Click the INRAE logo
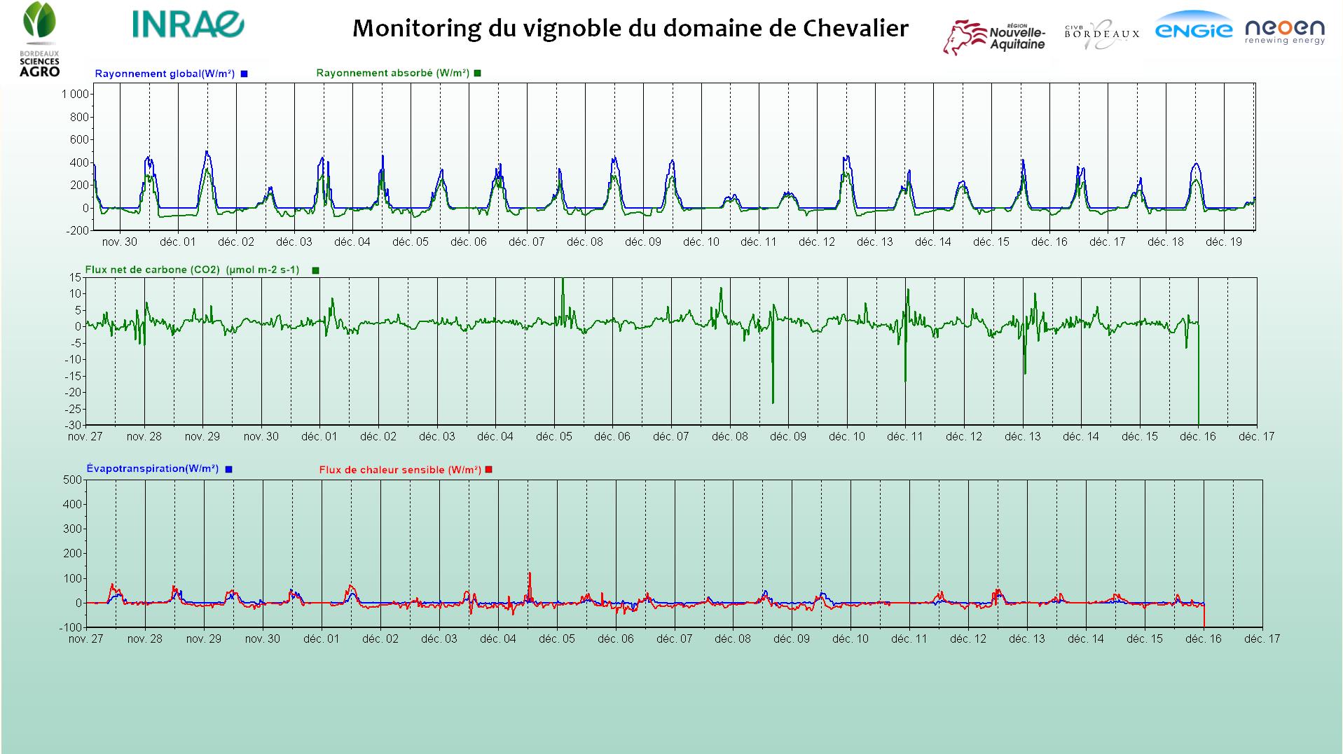click(188, 25)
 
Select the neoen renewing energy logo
click(1284, 32)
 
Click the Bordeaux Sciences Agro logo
click(39, 39)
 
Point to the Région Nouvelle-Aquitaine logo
click(994, 36)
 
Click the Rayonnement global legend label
click(165, 74)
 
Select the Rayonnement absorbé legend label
click(392, 73)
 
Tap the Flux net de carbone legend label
click(192, 270)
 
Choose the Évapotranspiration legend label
click(153, 468)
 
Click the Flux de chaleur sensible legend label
click(400, 470)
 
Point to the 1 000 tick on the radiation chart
click(75, 95)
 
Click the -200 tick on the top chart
click(79, 230)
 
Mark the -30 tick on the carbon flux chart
click(74, 425)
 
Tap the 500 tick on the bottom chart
click(73, 480)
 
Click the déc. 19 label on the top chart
click(1223, 242)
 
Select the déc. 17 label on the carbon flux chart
click(1256, 437)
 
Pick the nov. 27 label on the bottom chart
click(85, 638)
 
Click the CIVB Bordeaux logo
click(1102, 34)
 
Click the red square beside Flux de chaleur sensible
click(489, 470)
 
